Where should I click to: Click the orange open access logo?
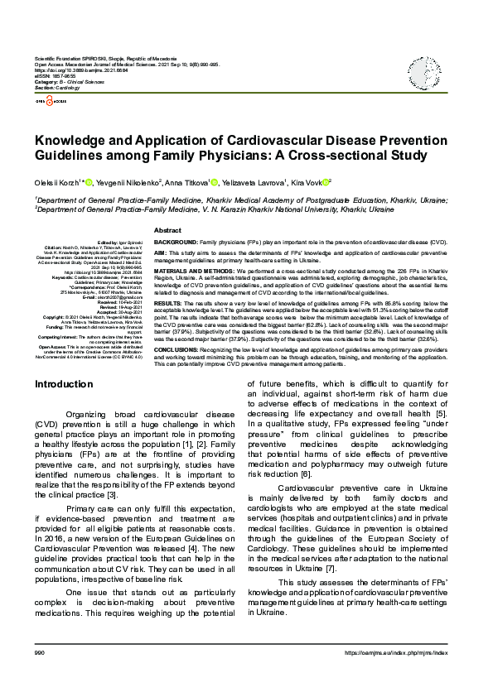(47, 100)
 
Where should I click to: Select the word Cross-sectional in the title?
(320, 155)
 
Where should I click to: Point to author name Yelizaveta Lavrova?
(251, 182)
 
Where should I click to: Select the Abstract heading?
(167, 230)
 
